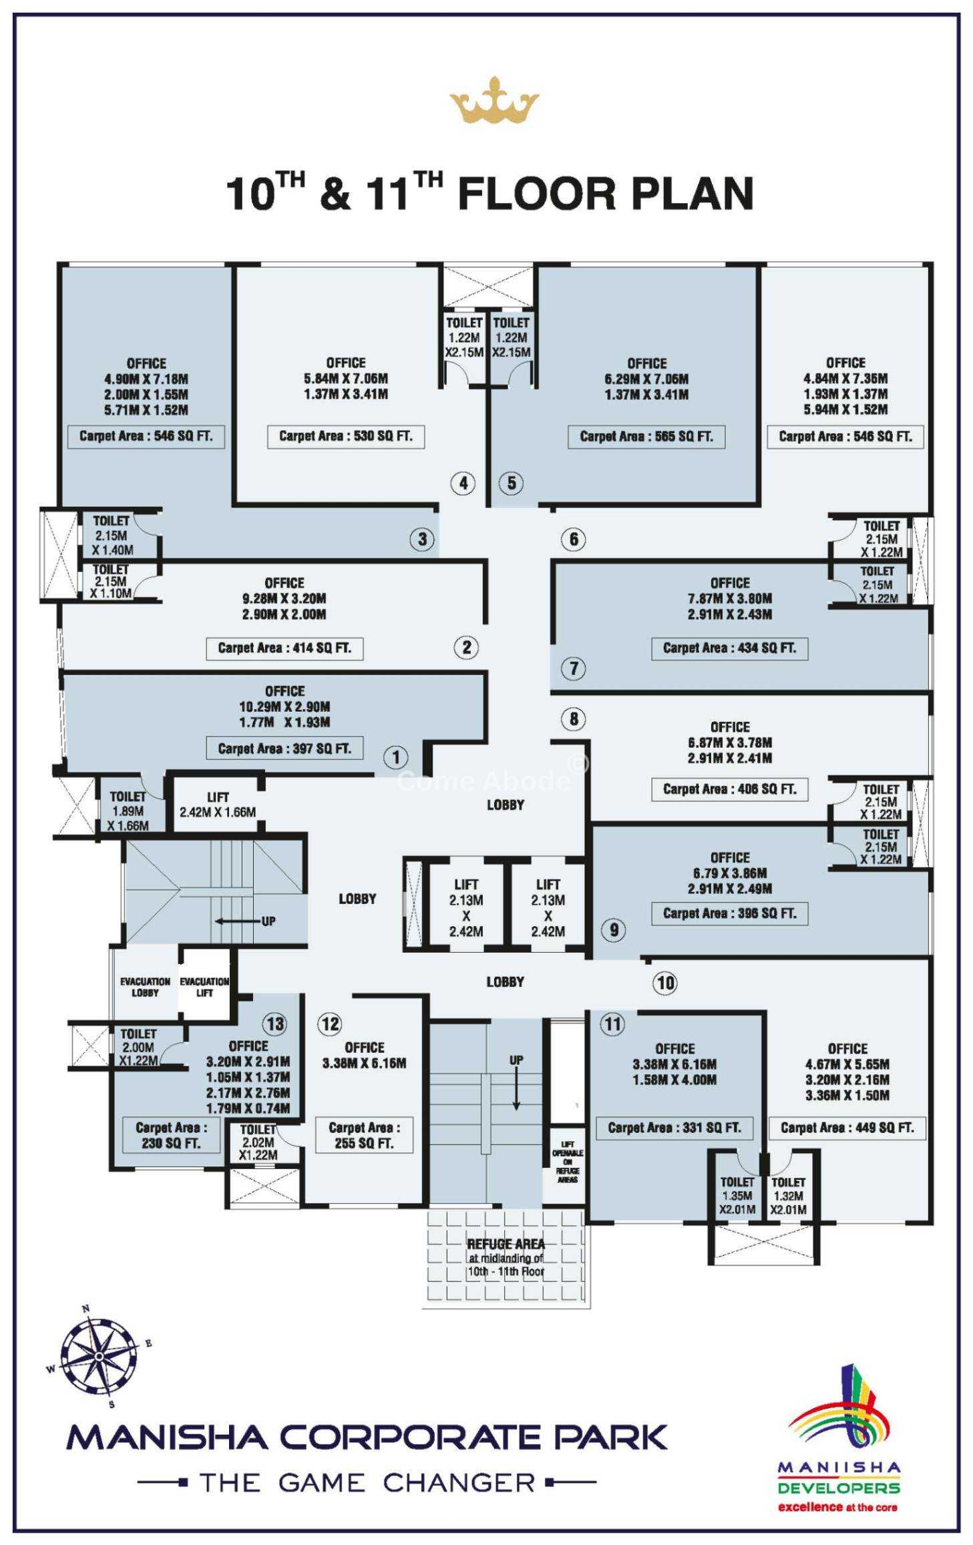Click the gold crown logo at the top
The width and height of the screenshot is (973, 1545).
(494, 101)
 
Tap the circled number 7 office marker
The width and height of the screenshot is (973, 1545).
(573, 668)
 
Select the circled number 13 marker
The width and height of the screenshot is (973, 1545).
(274, 1024)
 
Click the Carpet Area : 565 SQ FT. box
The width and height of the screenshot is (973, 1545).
(646, 437)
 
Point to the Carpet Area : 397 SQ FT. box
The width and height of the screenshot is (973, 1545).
(284, 748)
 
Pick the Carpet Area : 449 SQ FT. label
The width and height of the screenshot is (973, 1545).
(847, 1128)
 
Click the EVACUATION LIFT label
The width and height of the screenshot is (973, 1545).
(204, 987)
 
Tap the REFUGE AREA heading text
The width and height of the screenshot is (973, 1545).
(506, 1244)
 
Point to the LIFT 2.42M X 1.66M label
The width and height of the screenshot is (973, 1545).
(218, 805)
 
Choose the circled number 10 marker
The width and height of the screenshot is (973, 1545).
(665, 983)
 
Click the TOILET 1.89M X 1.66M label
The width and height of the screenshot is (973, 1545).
(128, 811)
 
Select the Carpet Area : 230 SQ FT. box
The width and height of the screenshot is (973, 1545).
(171, 1135)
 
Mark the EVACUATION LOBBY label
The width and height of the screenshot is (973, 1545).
(145, 987)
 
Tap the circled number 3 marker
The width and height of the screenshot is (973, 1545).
(422, 539)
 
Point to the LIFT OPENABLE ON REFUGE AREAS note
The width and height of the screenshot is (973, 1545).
(567, 1162)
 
